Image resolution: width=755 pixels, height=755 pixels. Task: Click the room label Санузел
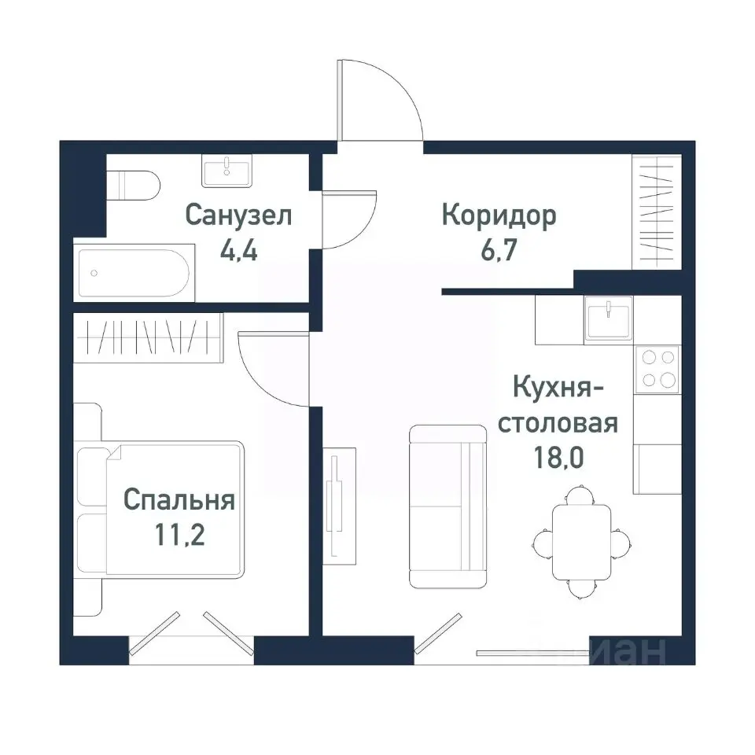[x=238, y=215]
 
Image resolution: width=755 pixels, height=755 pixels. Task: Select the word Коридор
[x=499, y=215]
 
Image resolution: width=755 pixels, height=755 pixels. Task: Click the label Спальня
[x=179, y=499]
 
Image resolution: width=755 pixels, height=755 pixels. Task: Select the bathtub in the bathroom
[x=134, y=272]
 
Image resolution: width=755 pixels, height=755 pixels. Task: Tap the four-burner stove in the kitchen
[x=658, y=368]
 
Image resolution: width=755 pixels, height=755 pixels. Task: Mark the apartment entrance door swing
[x=381, y=102]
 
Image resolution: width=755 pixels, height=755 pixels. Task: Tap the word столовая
[x=559, y=422]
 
